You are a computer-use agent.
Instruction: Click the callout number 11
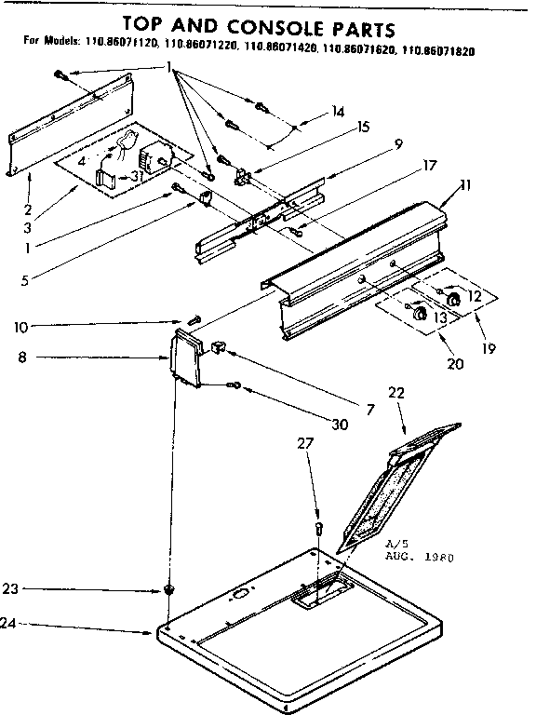[464, 185]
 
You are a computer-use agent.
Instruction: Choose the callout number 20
[454, 364]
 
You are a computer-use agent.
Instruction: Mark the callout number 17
[403, 167]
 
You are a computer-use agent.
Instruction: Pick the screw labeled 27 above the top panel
[318, 529]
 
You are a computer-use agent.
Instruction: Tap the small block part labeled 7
[219, 347]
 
